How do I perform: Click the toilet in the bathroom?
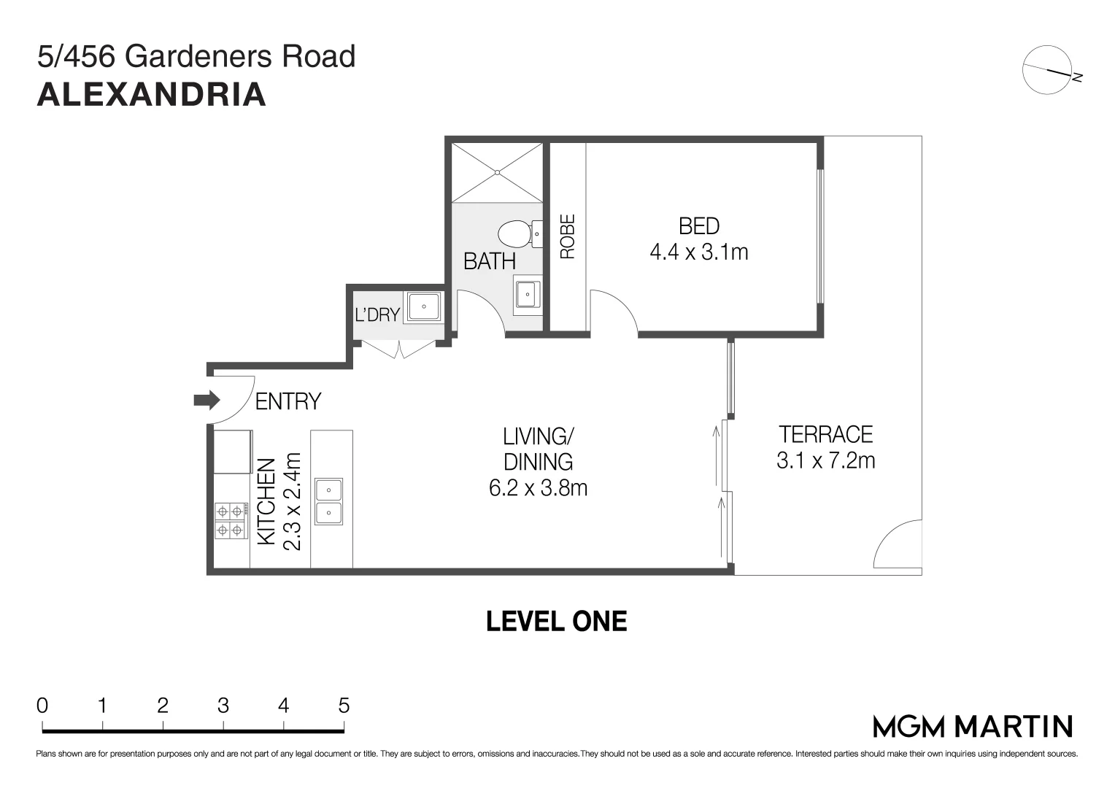[520, 234]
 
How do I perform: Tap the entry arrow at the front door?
[207, 400]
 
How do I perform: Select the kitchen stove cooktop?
[231, 521]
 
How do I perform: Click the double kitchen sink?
[328, 502]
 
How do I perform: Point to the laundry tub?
[424, 306]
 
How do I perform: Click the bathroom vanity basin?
[528, 294]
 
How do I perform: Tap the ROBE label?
[568, 236]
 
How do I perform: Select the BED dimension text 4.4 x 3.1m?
[699, 252]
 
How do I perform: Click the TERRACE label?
[826, 435]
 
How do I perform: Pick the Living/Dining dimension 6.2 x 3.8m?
[538, 488]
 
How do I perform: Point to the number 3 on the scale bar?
[223, 706]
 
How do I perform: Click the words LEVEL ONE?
[557, 621]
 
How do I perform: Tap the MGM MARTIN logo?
[973, 727]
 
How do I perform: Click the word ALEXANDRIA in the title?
[152, 95]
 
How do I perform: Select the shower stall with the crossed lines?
[497, 173]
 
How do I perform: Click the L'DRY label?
[377, 314]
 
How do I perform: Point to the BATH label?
[490, 261]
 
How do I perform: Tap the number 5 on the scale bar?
[344, 706]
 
